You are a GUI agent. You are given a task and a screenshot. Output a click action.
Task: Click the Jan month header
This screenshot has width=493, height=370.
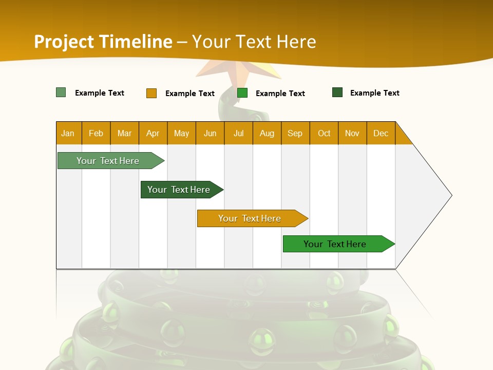click(68, 133)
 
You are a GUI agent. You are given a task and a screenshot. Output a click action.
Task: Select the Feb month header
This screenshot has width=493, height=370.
click(96, 133)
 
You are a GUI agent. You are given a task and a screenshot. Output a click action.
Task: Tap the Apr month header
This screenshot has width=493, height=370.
click(153, 133)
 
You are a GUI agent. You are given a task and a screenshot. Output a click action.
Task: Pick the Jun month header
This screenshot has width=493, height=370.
click(210, 133)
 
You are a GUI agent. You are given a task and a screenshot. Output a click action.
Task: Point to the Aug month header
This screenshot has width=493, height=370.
click(267, 133)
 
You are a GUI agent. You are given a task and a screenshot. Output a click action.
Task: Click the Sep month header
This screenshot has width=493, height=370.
click(295, 133)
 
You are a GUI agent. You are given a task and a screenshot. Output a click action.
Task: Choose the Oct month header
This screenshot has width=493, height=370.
click(324, 133)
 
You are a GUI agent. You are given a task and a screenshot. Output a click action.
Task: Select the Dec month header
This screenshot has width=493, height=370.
click(381, 133)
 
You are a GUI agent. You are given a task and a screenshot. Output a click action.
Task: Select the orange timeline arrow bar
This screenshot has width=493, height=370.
click(251, 218)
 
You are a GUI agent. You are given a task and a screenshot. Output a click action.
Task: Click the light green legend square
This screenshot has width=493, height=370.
click(61, 92)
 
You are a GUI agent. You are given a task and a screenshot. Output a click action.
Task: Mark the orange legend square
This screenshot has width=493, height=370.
click(151, 93)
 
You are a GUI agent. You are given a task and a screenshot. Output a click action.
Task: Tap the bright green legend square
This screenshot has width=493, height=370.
click(242, 93)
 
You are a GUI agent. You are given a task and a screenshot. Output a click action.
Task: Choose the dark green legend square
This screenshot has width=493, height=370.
click(337, 92)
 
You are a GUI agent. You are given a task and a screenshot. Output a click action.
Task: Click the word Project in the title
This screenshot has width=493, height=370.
click(64, 42)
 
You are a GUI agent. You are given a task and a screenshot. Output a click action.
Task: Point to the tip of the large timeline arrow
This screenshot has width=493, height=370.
click(450, 195)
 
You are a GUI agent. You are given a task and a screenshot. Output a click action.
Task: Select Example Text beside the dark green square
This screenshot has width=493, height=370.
click(374, 93)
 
